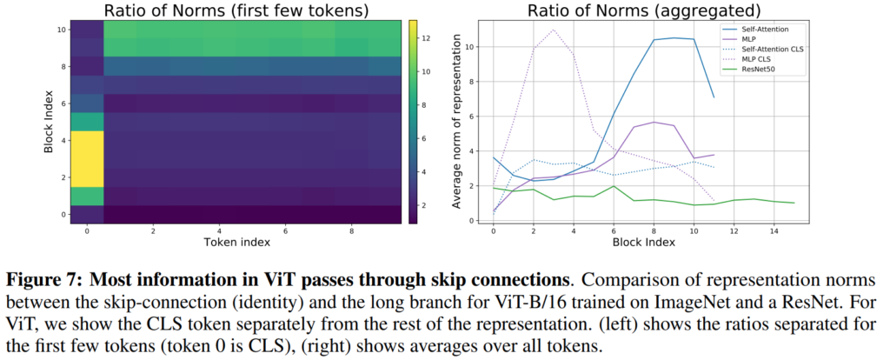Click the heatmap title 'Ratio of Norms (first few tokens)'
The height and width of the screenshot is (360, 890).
click(x=229, y=10)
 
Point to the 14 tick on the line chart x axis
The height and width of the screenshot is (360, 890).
click(x=774, y=230)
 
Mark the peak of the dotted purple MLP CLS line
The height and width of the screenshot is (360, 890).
click(x=553, y=30)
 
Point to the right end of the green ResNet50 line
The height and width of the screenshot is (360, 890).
click(x=794, y=203)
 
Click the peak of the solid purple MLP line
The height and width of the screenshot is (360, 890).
click(x=654, y=122)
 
